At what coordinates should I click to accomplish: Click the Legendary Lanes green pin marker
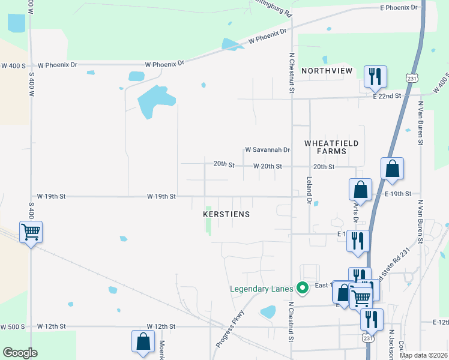click(x=303, y=289)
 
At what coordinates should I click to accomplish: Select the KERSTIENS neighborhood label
click(x=226, y=214)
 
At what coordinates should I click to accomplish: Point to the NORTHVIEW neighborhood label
click(x=327, y=71)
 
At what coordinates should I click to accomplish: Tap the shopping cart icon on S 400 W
click(x=31, y=231)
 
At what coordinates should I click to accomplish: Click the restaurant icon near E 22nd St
click(x=375, y=76)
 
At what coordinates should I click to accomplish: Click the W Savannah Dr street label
click(x=268, y=150)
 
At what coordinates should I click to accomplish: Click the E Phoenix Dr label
click(x=398, y=7)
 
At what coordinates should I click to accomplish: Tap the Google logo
click(x=20, y=353)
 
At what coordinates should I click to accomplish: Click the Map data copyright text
click(x=423, y=355)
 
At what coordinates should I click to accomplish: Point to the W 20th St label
click(x=268, y=166)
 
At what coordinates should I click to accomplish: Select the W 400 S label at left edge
click(x=13, y=65)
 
